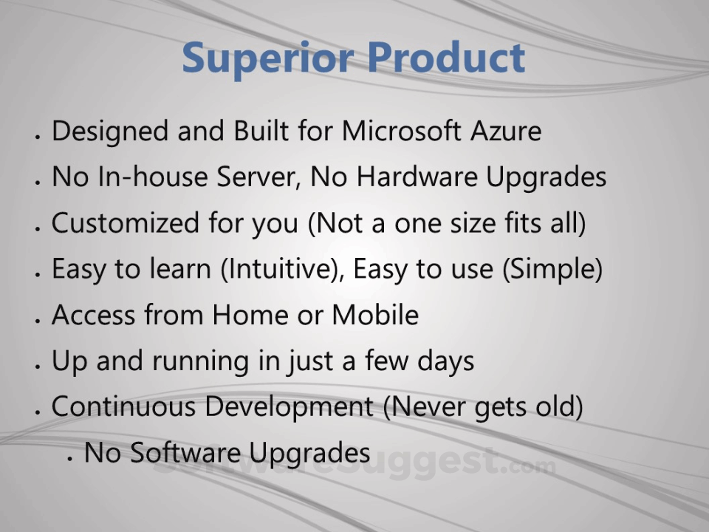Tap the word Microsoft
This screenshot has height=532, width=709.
(401, 131)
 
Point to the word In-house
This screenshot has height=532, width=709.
(152, 176)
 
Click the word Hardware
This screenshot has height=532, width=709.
(417, 176)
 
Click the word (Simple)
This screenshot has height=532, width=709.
(552, 269)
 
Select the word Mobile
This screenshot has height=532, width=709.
(375, 315)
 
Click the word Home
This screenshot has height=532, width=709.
(250, 315)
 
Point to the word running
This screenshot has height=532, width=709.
(200, 361)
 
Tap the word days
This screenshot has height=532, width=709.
(446, 361)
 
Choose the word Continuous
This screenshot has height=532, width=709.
(123, 406)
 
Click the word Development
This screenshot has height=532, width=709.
(289, 407)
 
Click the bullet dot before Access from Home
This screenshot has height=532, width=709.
(38, 321)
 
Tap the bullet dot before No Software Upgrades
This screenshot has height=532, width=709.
(69, 458)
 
